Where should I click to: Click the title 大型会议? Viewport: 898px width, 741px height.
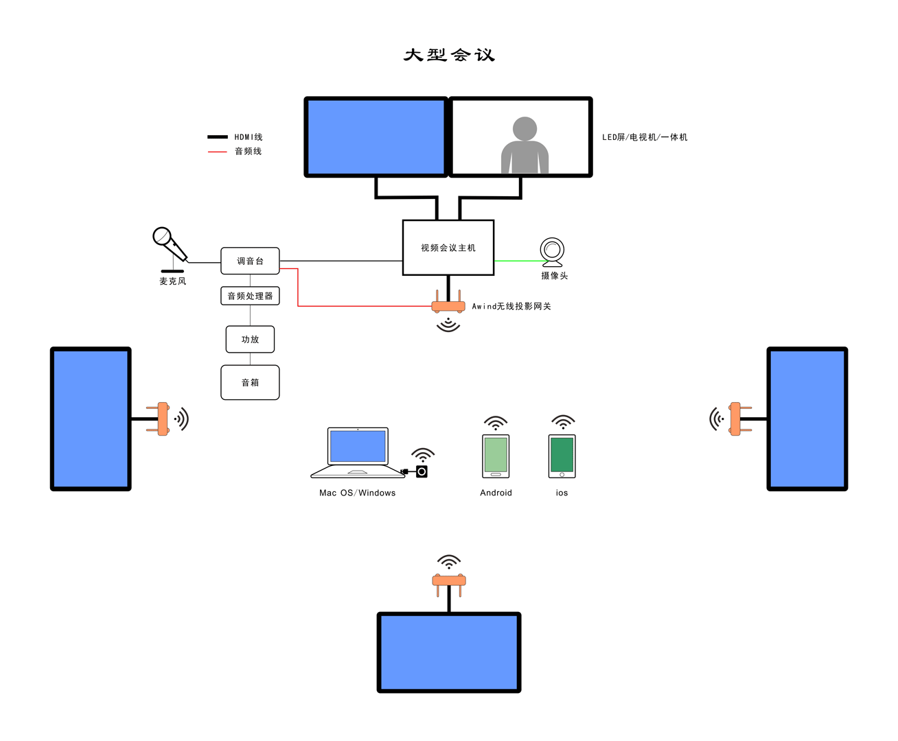449,55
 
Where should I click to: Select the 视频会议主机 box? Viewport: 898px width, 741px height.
448,248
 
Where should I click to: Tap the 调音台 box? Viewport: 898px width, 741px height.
250,261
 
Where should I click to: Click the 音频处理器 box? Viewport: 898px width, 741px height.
250,296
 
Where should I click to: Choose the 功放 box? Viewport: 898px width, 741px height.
250,339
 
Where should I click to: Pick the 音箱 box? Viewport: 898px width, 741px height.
250,382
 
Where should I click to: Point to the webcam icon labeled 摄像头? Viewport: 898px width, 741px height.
552,252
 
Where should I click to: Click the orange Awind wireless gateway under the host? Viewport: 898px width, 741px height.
448,306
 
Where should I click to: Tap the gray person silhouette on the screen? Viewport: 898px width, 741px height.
525,145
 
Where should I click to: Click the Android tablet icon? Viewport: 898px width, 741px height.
496,456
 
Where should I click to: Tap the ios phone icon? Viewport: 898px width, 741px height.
562,456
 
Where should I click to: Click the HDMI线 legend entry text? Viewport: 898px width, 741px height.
248,137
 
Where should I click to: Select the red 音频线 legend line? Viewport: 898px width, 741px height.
217,152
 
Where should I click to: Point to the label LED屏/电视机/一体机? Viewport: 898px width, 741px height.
644,137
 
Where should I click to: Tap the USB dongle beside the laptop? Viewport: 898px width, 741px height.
421,471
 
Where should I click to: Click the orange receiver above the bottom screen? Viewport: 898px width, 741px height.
449,581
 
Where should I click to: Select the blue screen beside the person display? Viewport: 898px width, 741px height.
376,137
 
